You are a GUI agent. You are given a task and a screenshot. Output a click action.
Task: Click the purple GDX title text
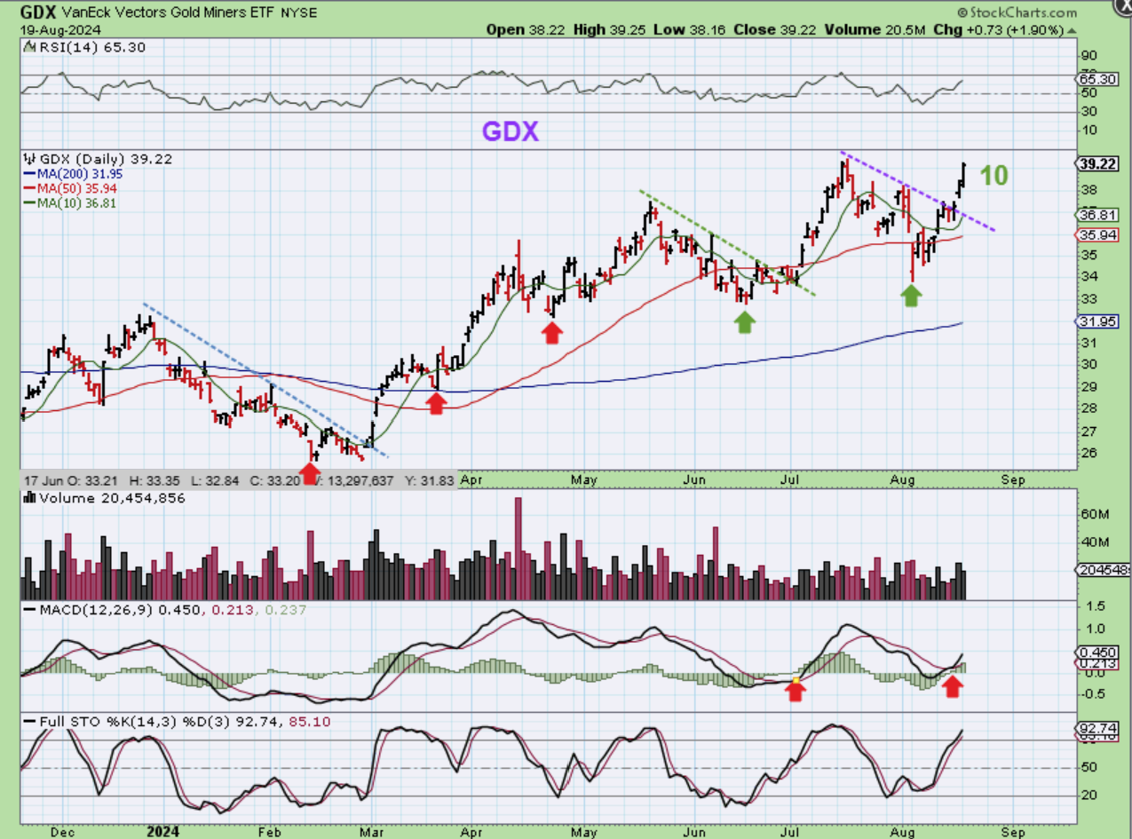click(511, 131)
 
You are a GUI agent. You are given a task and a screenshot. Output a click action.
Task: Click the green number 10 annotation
click(993, 175)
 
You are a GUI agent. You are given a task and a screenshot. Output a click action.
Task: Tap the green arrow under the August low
click(911, 296)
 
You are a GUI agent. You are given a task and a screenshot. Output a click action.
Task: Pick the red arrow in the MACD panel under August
click(952, 685)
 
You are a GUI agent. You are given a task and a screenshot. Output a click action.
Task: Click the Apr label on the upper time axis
click(471, 479)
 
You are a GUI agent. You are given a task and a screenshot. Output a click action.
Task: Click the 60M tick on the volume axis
click(1090, 514)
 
